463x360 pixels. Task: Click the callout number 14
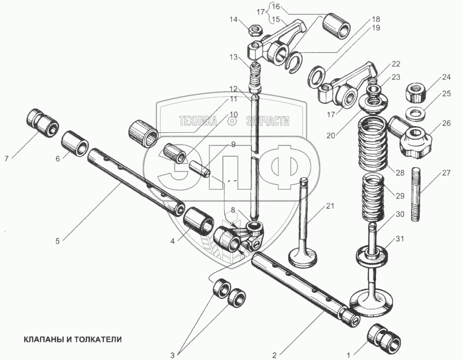[234, 20]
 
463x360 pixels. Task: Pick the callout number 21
[330, 206]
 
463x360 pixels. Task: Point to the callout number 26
[446, 123]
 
